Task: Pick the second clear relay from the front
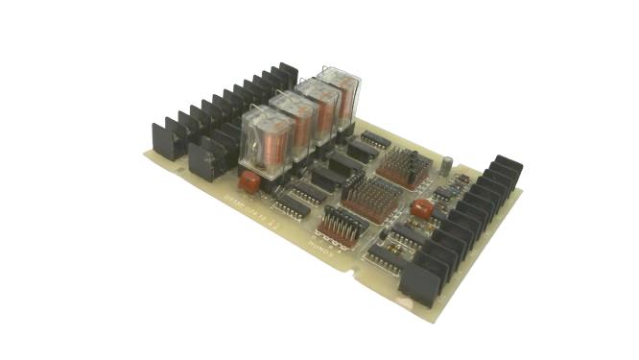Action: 294,122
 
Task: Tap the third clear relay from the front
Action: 317,107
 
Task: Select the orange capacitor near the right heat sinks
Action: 421,208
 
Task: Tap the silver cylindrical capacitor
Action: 447,163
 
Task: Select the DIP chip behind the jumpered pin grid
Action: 375,140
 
